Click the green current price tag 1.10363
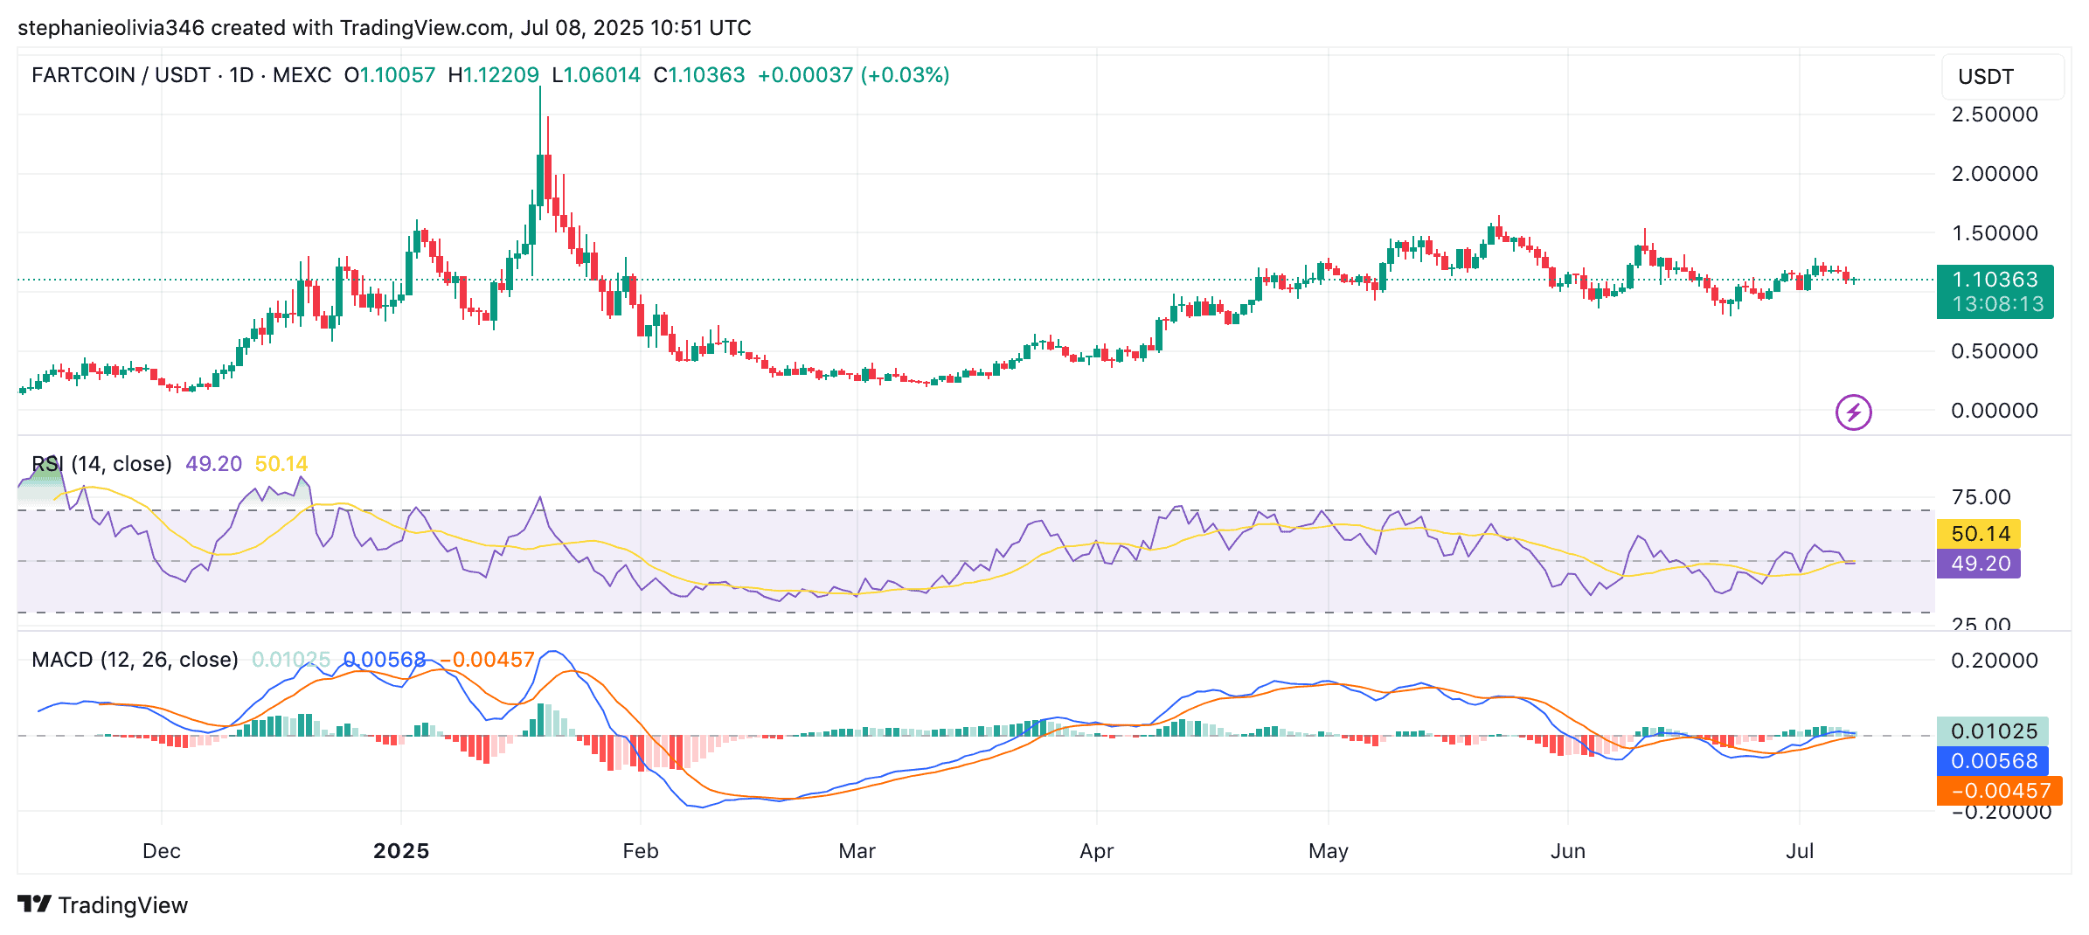click(x=1995, y=280)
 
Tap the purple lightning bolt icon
click(x=1853, y=412)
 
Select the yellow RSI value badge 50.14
click(x=1980, y=534)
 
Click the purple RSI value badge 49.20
click(x=1980, y=564)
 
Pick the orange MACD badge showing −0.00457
click(x=2000, y=791)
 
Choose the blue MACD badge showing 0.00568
click(x=1993, y=761)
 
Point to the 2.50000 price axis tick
click(x=1995, y=114)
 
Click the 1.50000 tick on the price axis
click(x=1995, y=233)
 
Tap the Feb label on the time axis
click(x=640, y=851)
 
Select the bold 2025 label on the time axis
click(x=401, y=851)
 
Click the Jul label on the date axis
click(x=1800, y=851)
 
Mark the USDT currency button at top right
click(x=1986, y=77)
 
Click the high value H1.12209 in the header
click(x=494, y=75)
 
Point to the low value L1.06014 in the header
click(x=596, y=75)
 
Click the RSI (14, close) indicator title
click(x=101, y=464)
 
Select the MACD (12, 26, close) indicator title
click(x=135, y=660)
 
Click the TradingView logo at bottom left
click(x=103, y=905)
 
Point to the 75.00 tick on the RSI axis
click(x=1981, y=497)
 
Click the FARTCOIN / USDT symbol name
click(x=121, y=75)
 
